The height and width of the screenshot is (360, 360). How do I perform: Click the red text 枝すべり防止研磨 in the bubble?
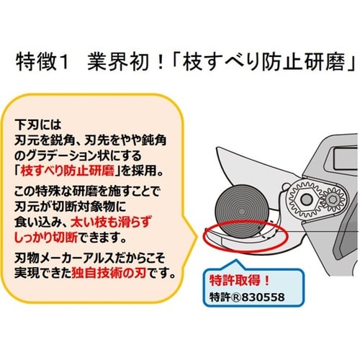[x=68, y=171]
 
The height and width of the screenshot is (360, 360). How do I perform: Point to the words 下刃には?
[x=38, y=125]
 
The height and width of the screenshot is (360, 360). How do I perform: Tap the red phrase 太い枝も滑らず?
[x=111, y=222]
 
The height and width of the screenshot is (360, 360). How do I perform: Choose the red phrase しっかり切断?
[x=46, y=238]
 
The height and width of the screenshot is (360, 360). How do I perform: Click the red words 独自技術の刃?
[x=109, y=273]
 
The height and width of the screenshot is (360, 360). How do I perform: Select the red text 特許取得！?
[x=239, y=280]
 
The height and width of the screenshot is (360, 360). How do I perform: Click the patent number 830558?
[x=263, y=297]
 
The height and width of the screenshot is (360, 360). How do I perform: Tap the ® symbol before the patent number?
[x=236, y=297]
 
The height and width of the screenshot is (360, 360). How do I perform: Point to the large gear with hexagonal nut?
[x=305, y=199]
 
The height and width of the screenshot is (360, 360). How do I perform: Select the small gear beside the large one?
[x=333, y=199]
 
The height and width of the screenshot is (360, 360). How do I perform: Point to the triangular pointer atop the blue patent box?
[x=237, y=265]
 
